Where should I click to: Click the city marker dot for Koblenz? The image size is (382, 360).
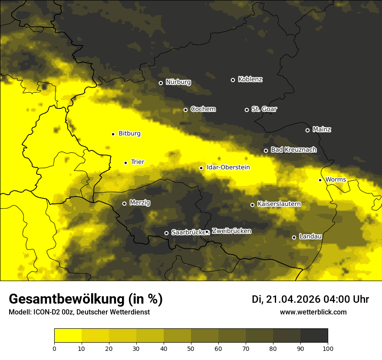pyautogui.click(x=233, y=80)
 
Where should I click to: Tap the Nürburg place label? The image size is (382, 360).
pyautogui.click(x=178, y=82)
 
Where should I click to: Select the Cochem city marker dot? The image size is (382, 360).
pyautogui.click(x=185, y=110)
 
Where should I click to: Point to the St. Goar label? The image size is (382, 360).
pyautogui.click(x=264, y=109)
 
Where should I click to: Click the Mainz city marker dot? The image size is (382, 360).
pyautogui.click(x=307, y=130)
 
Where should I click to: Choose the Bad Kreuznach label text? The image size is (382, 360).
pyautogui.click(x=293, y=150)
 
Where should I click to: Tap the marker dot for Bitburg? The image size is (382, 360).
pyautogui.click(x=113, y=134)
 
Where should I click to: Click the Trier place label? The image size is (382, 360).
pyautogui.click(x=138, y=162)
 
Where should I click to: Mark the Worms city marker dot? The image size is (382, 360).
pyautogui.click(x=320, y=180)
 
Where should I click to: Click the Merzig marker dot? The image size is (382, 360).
pyautogui.click(x=124, y=203)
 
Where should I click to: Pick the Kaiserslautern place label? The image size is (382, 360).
pyautogui.click(x=279, y=204)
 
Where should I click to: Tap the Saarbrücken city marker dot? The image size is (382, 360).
pyautogui.click(x=166, y=233)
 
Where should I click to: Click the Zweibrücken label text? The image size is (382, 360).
pyautogui.click(x=231, y=231)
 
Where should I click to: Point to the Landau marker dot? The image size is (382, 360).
pyautogui.click(x=294, y=237)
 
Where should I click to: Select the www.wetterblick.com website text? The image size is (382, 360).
pyautogui.click(x=313, y=312)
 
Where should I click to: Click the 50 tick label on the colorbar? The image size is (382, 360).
pyautogui.click(x=191, y=348)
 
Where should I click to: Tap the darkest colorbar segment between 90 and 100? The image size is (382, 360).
pyautogui.click(x=314, y=335)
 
